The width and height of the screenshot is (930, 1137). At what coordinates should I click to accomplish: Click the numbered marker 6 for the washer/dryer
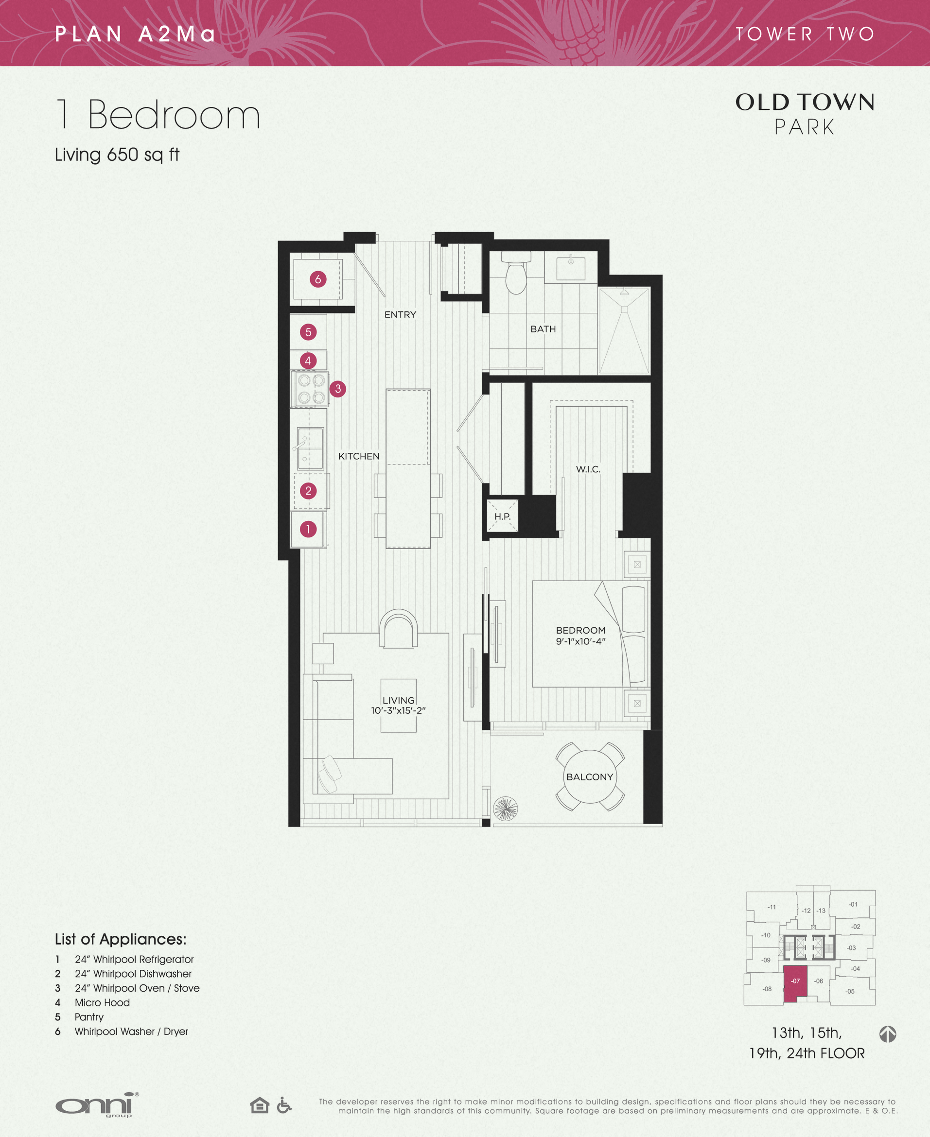pos(317,279)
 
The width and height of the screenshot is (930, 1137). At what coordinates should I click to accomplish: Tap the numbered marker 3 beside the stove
pos(337,389)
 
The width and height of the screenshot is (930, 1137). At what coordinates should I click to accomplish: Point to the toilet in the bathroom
pos(516,273)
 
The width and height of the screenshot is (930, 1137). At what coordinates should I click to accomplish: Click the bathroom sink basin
pos(571,268)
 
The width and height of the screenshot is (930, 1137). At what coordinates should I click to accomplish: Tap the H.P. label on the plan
pos(503,517)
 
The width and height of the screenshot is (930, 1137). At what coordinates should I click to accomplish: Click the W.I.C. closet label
pos(588,469)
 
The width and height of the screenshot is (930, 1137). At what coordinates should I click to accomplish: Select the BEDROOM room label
pos(581,631)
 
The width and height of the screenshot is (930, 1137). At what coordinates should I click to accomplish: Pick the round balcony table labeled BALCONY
pos(590,777)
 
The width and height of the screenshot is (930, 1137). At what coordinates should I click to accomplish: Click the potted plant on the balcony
pos(505,809)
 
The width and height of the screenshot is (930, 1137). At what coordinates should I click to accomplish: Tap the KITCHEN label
pos(359,457)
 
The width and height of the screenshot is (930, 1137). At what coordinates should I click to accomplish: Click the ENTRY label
pos(400,315)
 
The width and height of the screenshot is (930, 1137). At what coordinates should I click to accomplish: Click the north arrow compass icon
pos(888,1034)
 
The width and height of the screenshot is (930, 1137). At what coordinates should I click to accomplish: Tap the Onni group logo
pos(97,1105)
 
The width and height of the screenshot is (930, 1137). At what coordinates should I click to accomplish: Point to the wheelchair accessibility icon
pos(284,1105)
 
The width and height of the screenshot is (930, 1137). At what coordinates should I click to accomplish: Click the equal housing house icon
pos(260,1105)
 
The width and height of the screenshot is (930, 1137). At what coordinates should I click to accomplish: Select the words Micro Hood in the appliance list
pos(102,1002)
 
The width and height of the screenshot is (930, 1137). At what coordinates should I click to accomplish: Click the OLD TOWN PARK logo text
pos(805,114)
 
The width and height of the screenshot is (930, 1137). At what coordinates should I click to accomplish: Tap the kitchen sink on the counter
pos(310,448)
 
